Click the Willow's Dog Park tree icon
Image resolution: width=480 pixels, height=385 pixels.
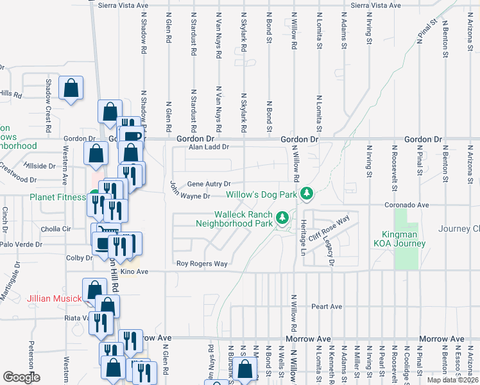(x=307, y=193)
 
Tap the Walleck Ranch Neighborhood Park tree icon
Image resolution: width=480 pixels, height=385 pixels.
(x=282, y=219)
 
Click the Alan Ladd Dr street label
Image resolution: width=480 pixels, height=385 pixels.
(x=208, y=147)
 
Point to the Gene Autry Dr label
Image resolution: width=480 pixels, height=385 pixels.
(x=208, y=184)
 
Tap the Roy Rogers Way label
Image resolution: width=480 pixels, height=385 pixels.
(x=202, y=264)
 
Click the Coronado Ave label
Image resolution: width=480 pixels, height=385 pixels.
(x=406, y=205)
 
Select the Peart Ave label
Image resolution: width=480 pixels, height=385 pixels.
(x=326, y=307)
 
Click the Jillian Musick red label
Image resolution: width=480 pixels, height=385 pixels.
(x=55, y=299)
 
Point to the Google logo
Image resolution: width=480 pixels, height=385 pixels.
(x=21, y=377)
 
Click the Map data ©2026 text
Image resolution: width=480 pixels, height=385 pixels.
(x=452, y=380)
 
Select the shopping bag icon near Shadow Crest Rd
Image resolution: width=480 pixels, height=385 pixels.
(x=71, y=89)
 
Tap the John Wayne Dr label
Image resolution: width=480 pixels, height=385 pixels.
(x=190, y=191)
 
